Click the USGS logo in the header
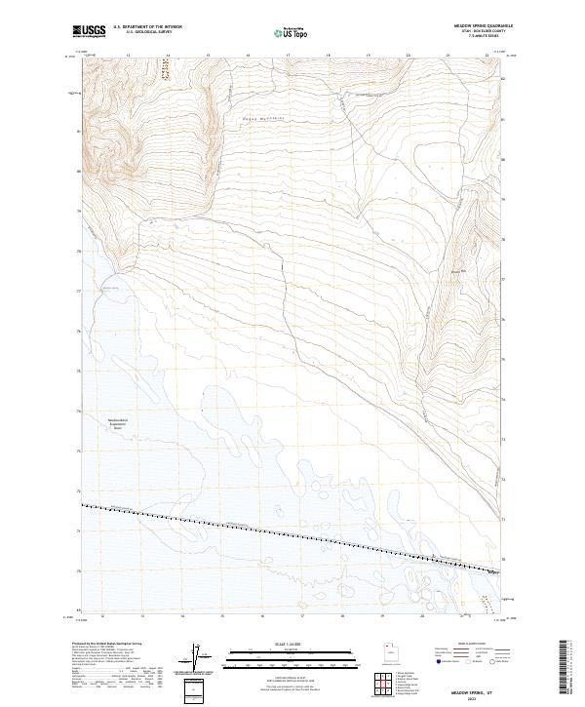[x=90, y=31]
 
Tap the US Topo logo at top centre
[x=290, y=32]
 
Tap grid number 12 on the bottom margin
[x=102, y=617]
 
